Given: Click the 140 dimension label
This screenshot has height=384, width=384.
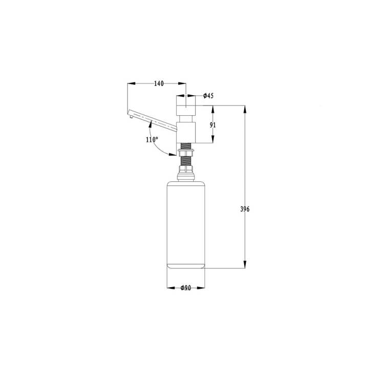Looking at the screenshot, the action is point(159,83).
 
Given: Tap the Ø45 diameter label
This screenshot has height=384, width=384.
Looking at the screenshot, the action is point(208,96).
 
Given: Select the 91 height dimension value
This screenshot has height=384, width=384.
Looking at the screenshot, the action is point(213,125).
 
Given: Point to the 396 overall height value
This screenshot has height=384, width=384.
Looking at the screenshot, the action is point(245,209).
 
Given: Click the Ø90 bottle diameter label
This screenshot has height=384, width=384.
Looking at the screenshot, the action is point(186,288).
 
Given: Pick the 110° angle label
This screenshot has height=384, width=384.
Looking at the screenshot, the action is point(152,140).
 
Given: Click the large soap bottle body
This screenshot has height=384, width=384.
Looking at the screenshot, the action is point(186,225).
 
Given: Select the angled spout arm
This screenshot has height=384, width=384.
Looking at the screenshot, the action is point(153,120).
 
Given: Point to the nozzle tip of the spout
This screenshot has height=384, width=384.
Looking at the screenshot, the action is point(132,117).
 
